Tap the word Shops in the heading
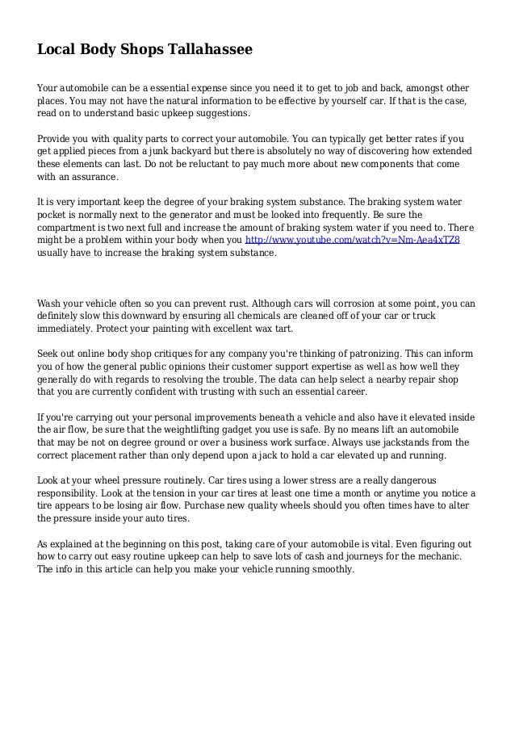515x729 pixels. pos(139,50)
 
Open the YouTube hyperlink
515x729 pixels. pos(352,241)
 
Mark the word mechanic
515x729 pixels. pos(443,556)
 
